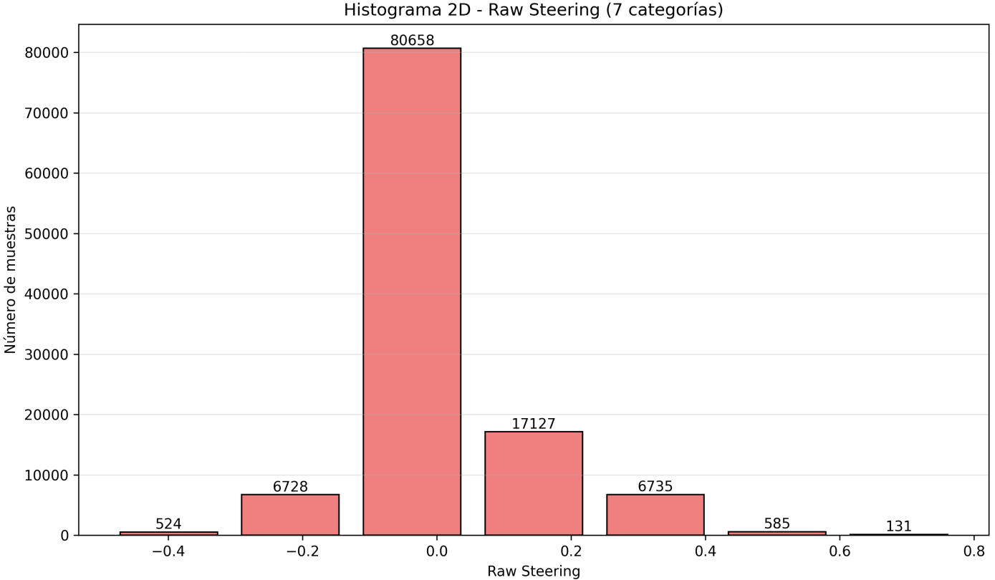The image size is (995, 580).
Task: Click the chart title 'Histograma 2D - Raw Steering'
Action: pos(533,10)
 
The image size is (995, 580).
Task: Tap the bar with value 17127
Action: pos(534,483)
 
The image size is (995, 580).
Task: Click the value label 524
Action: pos(168,524)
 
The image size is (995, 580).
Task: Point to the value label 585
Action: pos(777,523)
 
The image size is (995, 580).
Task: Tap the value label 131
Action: pos(898,526)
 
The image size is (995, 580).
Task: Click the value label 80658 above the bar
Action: pos(412,41)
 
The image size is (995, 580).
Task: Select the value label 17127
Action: pos(534,424)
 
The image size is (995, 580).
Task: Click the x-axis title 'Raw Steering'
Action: pos(534,571)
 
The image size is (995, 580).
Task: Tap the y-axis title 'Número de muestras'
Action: pos(10,279)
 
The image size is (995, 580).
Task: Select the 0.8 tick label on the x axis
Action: pos(974,552)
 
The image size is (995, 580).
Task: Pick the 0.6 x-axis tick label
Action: pos(839,552)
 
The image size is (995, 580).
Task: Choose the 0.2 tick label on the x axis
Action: pos(570,552)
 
